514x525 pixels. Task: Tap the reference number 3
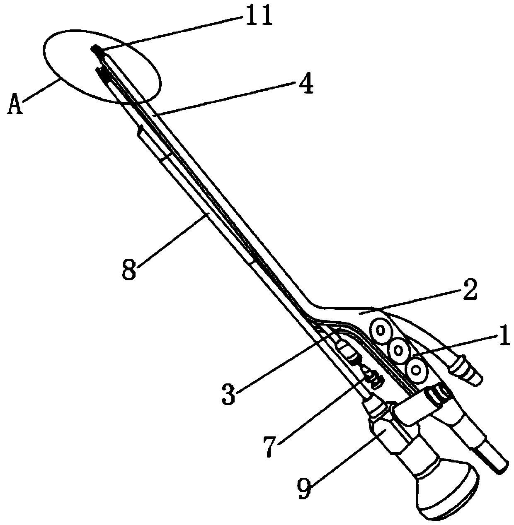(228, 394)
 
